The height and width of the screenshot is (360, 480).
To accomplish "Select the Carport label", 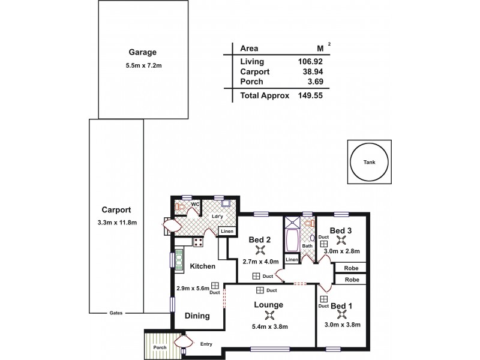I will pos(117,210).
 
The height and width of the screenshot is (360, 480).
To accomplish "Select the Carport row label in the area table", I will pos(255,71).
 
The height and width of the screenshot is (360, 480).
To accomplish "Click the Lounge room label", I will pos(268,304).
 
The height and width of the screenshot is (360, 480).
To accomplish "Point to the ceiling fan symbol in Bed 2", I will pos(260,251).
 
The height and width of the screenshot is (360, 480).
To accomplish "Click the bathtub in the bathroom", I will pos(292,240).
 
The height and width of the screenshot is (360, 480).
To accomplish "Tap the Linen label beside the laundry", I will pos(226,232).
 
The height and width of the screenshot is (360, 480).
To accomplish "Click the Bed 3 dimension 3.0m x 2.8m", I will pos(341,251).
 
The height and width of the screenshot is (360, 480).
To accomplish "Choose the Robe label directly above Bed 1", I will pos(352,280).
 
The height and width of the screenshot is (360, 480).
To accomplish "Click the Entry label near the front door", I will pos(207,344).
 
